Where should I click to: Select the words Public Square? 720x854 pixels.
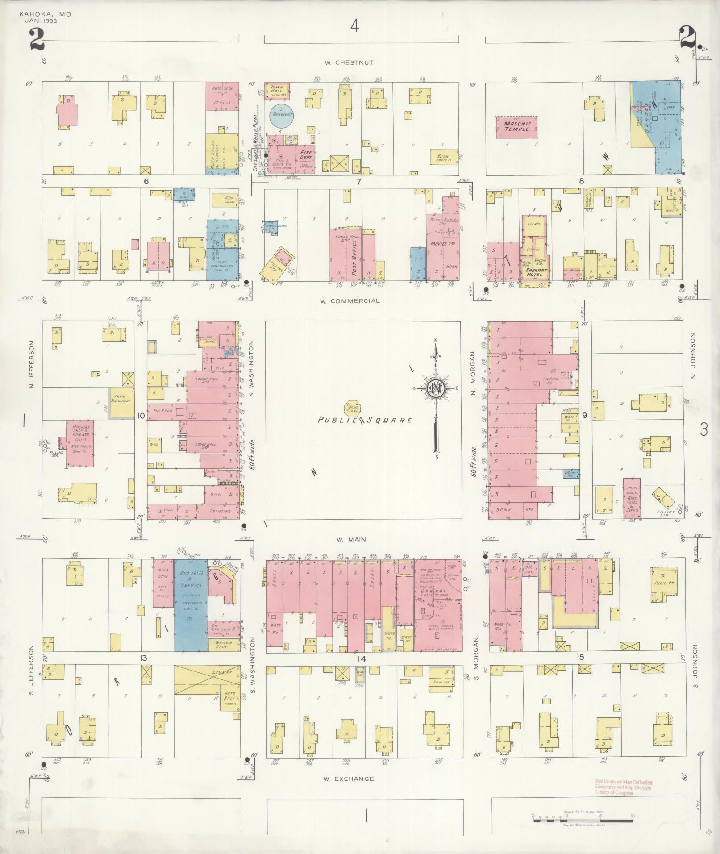[364, 420]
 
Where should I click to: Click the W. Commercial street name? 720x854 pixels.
[350, 300]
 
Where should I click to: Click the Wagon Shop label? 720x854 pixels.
[221, 644]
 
